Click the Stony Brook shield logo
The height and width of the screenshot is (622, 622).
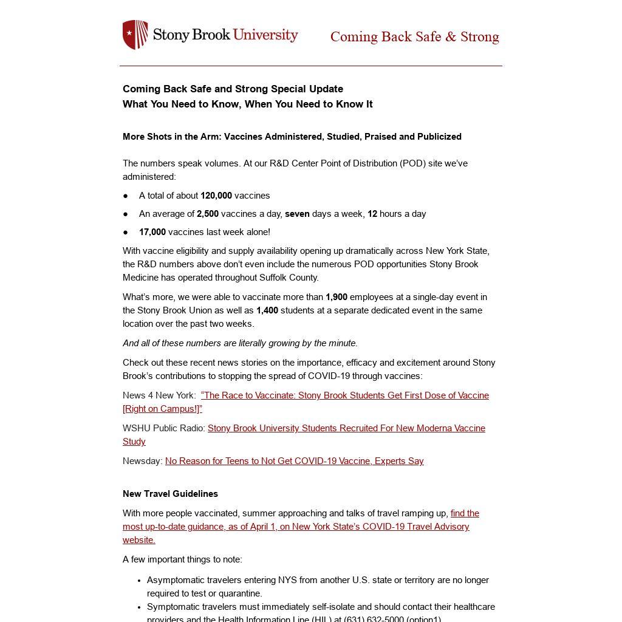click(135, 35)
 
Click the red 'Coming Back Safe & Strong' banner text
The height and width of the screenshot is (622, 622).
click(414, 37)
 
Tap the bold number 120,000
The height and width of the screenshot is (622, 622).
click(216, 196)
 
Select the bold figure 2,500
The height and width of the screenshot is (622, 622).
click(208, 214)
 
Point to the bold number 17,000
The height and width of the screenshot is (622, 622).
click(152, 232)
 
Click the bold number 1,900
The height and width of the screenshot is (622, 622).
click(337, 297)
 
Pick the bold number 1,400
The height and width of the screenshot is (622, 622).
click(267, 310)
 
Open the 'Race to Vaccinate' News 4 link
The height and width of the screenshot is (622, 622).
click(344, 395)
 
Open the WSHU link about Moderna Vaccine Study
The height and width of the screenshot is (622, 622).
click(346, 428)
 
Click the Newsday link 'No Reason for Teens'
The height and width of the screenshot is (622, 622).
click(294, 461)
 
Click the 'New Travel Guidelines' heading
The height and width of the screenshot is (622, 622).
click(170, 494)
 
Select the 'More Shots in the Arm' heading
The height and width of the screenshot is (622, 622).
click(292, 137)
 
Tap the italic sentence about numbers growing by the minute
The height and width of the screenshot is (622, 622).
click(240, 343)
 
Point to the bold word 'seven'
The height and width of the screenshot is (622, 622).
click(297, 214)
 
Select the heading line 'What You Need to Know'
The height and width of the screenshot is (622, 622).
click(247, 104)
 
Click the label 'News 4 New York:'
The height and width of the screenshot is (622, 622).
click(159, 395)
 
